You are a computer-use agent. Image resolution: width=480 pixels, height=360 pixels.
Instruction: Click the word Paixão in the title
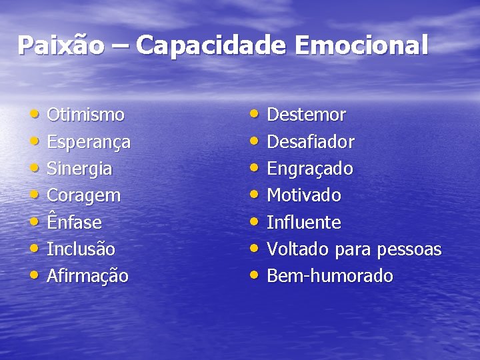pyautogui.click(x=61, y=46)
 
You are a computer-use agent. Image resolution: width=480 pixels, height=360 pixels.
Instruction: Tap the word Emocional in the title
pyautogui.click(x=361, y=46)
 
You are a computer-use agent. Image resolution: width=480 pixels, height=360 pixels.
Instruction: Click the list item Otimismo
pyautogui.click(x=85, y=115)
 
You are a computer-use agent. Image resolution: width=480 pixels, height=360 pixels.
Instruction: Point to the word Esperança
pyautogui.click(x=89, y=143)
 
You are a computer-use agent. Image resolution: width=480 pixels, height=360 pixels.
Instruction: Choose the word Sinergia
pyautogui.click(x=79, y=169)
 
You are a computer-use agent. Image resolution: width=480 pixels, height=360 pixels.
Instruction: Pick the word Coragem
pyautogui.click(x=84, y=196)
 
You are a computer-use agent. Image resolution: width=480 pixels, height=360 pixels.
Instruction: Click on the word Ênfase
pyautogui.click(x=74, y=222)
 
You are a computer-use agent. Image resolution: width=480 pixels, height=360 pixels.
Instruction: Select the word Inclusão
pyautogui.click(x=81, y=249)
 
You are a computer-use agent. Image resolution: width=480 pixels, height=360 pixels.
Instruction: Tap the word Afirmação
pyautogui.click(x=87, y=276)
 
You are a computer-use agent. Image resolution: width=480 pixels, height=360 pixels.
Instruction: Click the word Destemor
pyautogui.click(x=306, y=115)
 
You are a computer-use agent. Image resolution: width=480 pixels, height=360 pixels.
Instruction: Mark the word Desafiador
pyautogui.click(x=311, y=142)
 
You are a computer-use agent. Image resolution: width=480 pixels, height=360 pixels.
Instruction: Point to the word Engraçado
pyautogui.click(x=310, y=169)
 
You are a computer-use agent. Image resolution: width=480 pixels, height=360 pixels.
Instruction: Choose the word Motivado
pyautogui.click(x=304, y=196)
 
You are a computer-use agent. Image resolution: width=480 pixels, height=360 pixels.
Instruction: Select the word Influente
pyautogui.click(x=304, y=223)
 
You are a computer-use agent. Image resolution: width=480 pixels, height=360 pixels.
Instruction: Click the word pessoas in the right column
pyautogui.click(x=409, y=250)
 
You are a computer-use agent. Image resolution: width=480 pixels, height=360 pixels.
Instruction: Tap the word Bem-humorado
pyautogui.click(x=330, y=276)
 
